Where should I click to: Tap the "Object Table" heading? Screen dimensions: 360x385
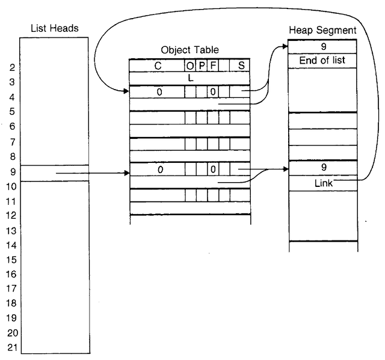[x=189, y=50]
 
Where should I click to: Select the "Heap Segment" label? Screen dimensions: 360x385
[x=322, y=29]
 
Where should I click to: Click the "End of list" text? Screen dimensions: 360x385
[x=322, y=60]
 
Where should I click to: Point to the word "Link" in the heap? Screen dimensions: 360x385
[x=324, y=183]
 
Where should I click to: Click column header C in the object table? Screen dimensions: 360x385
[x=157, y=66]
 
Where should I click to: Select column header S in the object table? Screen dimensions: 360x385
[x=241, y=66]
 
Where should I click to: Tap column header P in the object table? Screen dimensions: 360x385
[x=202, y=66]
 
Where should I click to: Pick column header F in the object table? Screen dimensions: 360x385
[x=212, y=66]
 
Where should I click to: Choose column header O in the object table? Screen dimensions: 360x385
[x=191, y=66]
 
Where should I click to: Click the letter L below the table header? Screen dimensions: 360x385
[x=190, y=78]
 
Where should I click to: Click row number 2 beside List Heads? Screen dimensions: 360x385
[x=12, y=67]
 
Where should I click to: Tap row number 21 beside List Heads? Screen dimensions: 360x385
[x=12, y=347]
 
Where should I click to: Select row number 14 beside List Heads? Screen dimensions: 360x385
[x=12, y=245]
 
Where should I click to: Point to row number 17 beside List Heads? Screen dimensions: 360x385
[x=12, y=288]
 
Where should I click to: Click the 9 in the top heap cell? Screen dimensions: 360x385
[x=323, y=46]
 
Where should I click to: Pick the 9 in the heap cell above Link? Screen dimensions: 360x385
[x=323, y=168]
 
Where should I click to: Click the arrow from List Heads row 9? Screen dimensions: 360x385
[x=90, y=173]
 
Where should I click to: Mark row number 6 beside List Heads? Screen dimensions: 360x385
[x=12, y=126]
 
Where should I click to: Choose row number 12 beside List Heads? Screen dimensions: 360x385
[x=12, y=215]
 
